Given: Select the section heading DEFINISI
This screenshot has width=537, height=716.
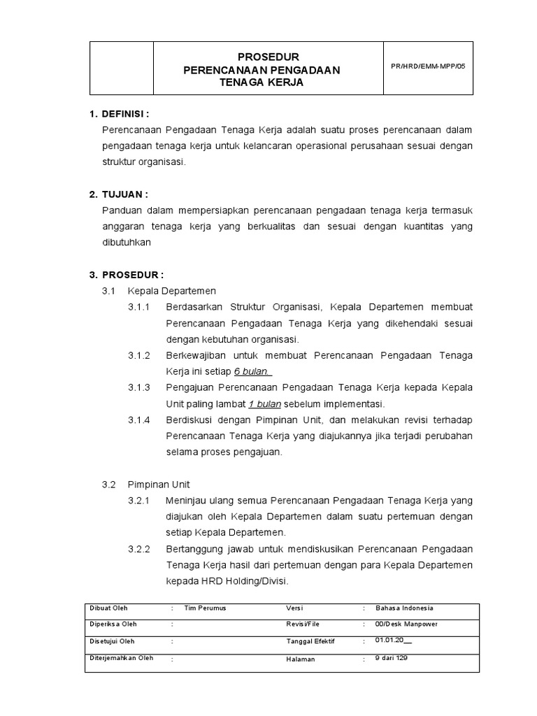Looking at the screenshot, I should pyautogui.click(x=125, y=113).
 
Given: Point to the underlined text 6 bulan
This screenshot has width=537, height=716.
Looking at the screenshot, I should pyautogui.click(x=253, y=371).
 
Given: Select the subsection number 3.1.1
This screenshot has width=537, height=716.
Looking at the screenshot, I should pyautogui.click(x=139, y=307).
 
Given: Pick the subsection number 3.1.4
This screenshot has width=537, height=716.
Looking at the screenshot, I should pyautogui.click(x=139, y=420).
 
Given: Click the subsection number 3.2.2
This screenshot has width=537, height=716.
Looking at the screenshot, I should pyautogui.click(x=139, y=549).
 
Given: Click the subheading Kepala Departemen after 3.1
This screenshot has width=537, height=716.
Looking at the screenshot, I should pyautogui.click(x=172, y=290).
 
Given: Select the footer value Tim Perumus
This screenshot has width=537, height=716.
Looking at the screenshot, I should pyautogui.click(x=205, y=608).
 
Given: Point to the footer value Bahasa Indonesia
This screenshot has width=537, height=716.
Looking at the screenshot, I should pyautogui.click(x=404, y=608).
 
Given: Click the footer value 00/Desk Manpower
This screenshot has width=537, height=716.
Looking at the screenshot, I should pyautogui.click(x=406, y=624).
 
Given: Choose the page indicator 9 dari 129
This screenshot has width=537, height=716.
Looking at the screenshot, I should pyautogui.click(x=391, y=657).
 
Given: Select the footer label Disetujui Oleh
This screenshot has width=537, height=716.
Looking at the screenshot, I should pyautogui.click(x=112, y=641).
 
